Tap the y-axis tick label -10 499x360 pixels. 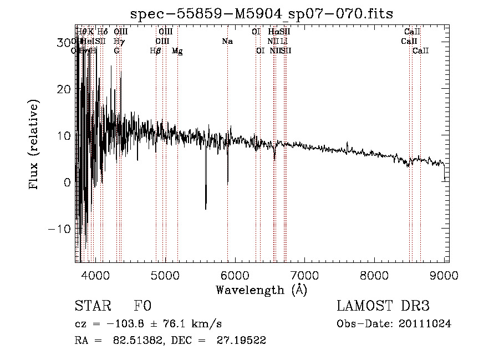(61, 229)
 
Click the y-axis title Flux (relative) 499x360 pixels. (34, 145)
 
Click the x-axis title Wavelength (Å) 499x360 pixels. (261, 290)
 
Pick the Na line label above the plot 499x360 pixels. (227, 42)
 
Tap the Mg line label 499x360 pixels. (177, 51)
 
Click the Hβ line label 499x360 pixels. (156, 51)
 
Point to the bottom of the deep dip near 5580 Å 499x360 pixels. (206, 209)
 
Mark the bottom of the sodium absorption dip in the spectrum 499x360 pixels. (228, 182)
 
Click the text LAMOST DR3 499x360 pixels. (383, 306)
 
